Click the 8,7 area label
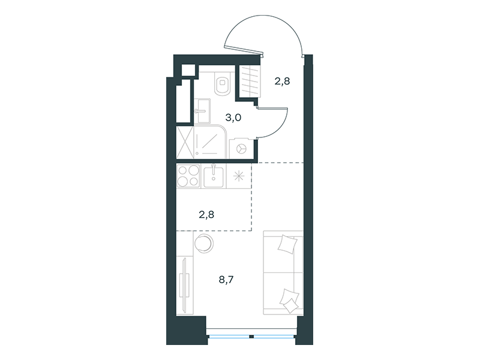click(226, 280)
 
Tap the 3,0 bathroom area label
click(233, 118)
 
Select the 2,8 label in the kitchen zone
click(206, 215)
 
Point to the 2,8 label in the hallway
click(282, 82)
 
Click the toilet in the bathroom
click(223, 83)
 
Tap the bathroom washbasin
click(202, 110)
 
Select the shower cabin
click(210, 142)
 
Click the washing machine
click(242, 148)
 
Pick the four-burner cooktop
click(188, 176)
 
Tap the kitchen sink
click(214, 176)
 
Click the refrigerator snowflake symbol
click(239, 176)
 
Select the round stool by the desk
click(204, 244)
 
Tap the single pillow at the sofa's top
click(288, 244)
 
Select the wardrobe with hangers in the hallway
click(250, 81)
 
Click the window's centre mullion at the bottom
click(251, 337)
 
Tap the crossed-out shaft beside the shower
click(185, 142)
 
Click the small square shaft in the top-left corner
click(188, 70)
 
